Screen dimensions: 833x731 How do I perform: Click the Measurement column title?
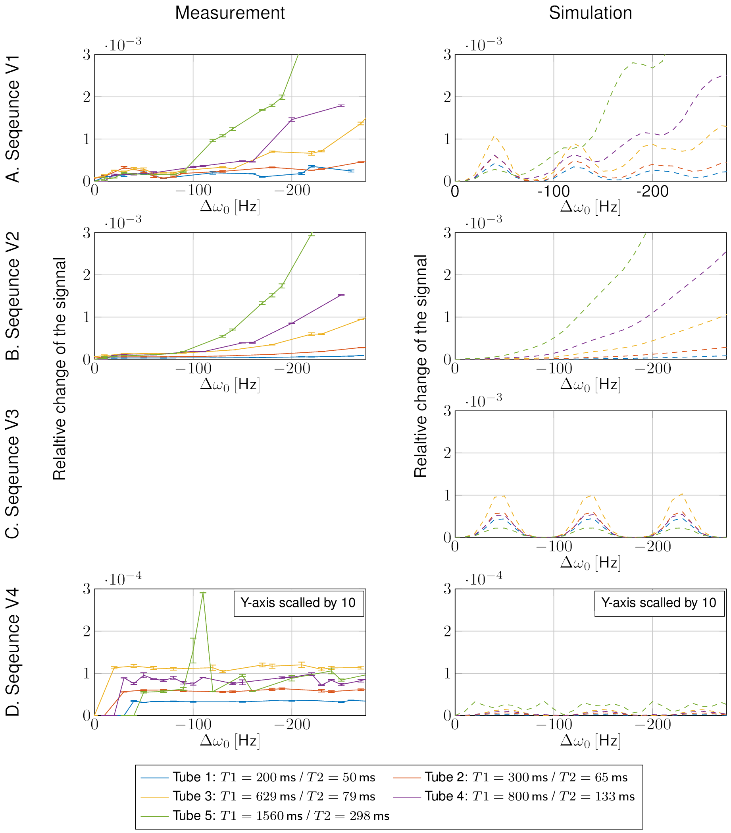pos(230,13)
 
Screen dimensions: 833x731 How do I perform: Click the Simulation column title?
pos(590,13)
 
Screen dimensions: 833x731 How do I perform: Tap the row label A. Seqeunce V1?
pos(13,119)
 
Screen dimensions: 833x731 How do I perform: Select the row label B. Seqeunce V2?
pos(13,296)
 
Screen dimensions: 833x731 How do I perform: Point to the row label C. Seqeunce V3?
pos(13,474)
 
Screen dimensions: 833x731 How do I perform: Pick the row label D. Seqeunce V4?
pos(13,652)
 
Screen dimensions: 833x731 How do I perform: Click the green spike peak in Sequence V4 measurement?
pos(203,593)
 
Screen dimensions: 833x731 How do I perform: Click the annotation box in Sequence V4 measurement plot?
pos(298,603)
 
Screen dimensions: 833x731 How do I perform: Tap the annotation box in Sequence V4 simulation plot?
pos(659,603)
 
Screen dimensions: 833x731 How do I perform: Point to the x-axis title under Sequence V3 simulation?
pos(590,563)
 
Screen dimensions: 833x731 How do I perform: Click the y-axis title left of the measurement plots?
pos(60,368)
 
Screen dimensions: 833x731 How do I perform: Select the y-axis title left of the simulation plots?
pos(420,366)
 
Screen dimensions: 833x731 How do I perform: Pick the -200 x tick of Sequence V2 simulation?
pos(652,368)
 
